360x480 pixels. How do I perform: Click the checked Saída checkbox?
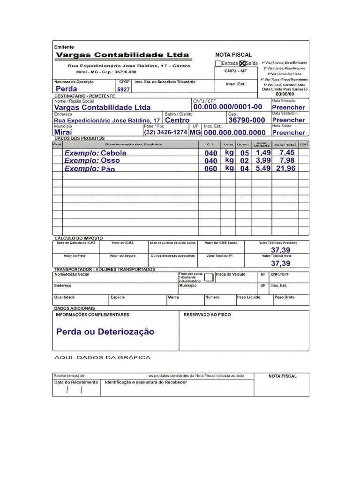click(x=242, y=63)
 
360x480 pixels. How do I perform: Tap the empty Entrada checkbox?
click(x=218, y=63)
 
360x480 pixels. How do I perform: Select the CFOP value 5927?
click(x=123, y=89)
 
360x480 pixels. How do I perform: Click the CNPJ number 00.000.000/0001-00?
click(x=227, y=107)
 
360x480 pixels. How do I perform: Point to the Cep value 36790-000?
click(x=247, y=120)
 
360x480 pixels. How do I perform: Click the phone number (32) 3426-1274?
click(x=165, y=133)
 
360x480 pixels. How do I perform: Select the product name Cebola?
click(x=113, y=153)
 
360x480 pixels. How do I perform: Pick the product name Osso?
click(x=110, y=161)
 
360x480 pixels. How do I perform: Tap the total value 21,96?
click(x=286, y=169)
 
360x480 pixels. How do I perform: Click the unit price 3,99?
click(x=263, y=161)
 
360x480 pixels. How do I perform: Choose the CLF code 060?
click(x=211, y=169)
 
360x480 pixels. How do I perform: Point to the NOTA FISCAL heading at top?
click(x=233, y=55)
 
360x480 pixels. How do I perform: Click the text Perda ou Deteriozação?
click(x=105, y=332)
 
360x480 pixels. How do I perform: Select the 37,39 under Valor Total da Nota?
click(x=280, y=263)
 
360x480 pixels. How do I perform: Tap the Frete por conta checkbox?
click(x=209, y=277)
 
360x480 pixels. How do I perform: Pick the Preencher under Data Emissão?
click(x=288, y=107)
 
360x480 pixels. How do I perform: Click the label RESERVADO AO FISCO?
click(x=207, y=315)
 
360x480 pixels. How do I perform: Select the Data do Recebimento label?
click(x=76, y=382)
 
